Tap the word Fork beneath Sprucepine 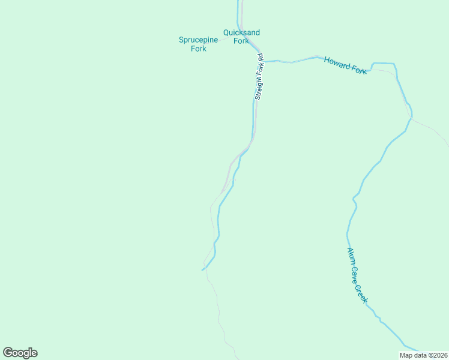[199, 49]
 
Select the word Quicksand [241, 32]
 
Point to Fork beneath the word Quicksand [241, 41]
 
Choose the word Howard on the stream [336, 62]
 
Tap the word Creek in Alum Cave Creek [363, 294]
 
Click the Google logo [20, 353]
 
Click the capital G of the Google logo [8, 352]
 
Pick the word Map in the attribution [406, 355]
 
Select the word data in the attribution [420, 355]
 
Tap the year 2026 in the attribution [439, 355]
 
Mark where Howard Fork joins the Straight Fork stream [265, 61]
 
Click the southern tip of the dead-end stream [202, 270]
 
